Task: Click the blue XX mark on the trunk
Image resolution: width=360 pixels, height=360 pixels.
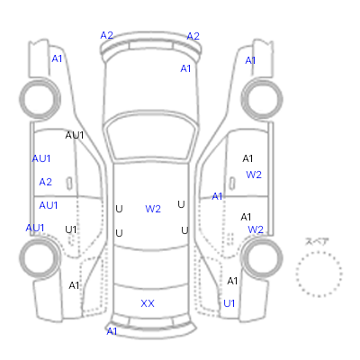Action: click(148, 303)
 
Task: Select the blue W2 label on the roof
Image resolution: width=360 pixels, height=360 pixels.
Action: click(153, 209)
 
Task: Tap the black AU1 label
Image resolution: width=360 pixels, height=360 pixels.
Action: click(75, 135)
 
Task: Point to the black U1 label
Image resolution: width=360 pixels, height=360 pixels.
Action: click(71, 229)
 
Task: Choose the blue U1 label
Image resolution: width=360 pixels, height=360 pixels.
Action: click(229, 303)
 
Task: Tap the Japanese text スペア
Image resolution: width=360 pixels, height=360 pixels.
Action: click(317, 241)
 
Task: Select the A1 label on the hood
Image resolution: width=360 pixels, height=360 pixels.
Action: click(185, 68)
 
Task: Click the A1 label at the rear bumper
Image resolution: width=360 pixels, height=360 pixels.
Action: click(112, 331)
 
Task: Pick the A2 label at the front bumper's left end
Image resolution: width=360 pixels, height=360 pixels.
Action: click(107, 35)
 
